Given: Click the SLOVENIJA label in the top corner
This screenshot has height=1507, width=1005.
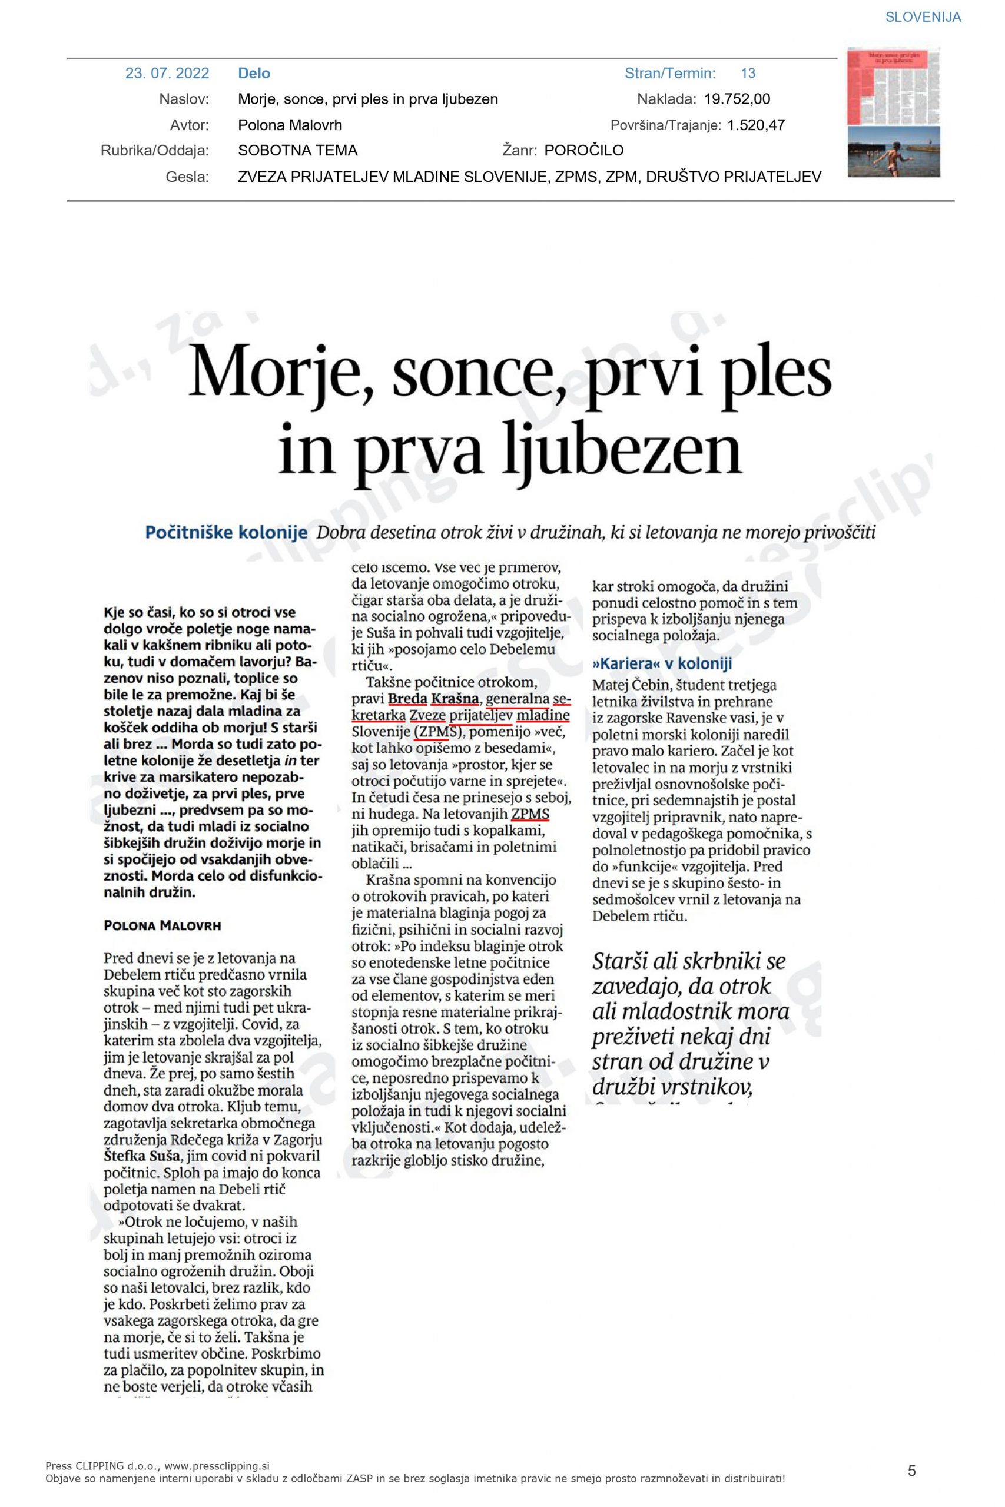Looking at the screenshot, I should [923, 17].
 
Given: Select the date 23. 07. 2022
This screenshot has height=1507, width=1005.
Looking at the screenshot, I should [167, 73].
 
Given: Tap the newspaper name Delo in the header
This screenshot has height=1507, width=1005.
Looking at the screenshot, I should [254, 73].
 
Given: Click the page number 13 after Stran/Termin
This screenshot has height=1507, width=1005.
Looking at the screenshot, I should [748, 73].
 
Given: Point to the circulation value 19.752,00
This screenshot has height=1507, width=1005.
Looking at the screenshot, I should [737, 99].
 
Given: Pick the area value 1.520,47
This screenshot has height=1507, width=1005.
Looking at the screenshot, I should [756, 125].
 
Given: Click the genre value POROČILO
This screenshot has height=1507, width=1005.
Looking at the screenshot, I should [583, 151].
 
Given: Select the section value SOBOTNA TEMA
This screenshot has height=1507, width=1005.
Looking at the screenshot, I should [297, 151].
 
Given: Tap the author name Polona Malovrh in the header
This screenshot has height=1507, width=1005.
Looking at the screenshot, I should [290, 125].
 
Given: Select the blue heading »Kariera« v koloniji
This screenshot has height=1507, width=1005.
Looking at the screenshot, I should [661, 663].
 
